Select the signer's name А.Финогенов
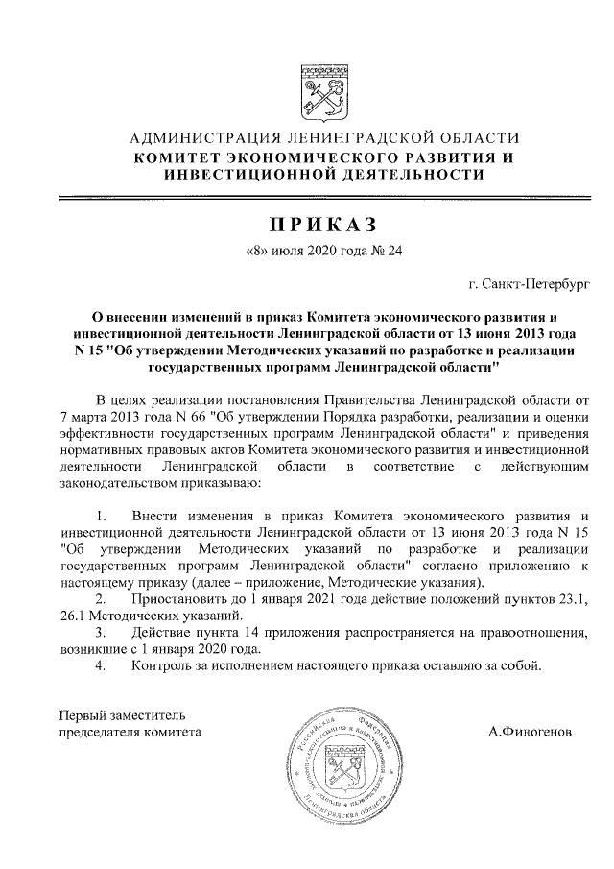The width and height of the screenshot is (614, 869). coord(529,732)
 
